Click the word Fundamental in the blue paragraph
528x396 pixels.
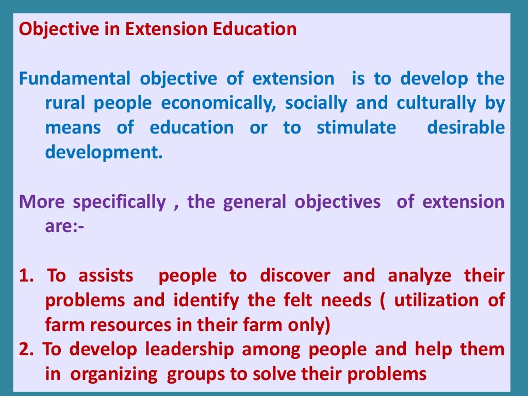(75, 79)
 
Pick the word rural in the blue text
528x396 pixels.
(65, 103)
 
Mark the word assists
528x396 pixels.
(105, 276)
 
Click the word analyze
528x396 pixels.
(419, 276)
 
